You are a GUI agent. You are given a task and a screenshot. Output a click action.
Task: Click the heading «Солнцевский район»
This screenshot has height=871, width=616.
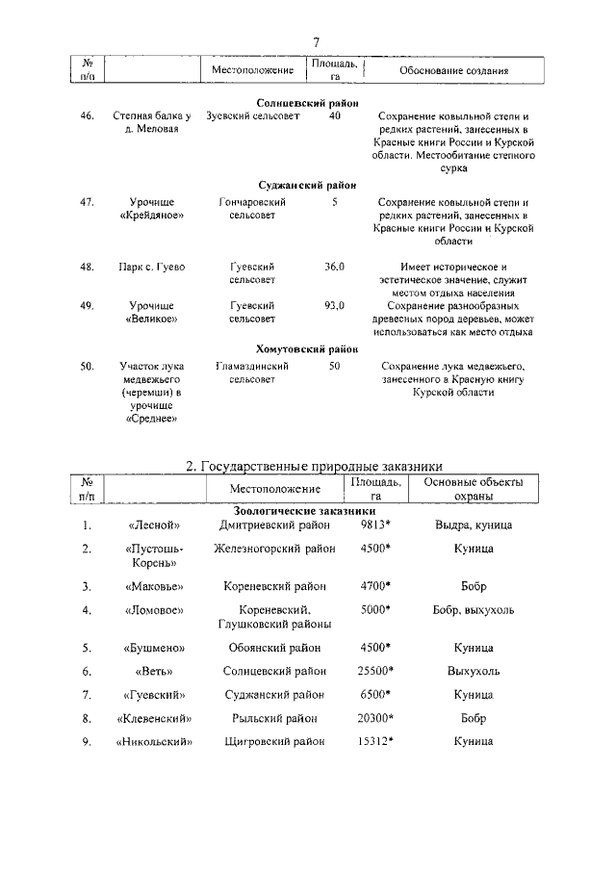click(x=307, y=102)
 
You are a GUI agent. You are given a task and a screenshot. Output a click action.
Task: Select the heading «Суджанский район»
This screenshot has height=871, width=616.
click(x=307, y=185)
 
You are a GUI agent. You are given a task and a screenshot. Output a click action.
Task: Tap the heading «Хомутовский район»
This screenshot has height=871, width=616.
click(x=307, y=349)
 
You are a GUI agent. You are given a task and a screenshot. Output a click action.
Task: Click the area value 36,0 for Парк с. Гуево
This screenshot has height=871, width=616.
click(x=334, y=267)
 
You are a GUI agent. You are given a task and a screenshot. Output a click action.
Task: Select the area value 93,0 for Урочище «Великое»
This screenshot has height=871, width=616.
click(x=334, y=305)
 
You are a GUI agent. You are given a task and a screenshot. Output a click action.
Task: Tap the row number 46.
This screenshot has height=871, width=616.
click(x=88, y=116)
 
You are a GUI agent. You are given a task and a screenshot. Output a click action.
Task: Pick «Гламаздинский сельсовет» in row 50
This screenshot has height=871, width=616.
click(x=252, y=373)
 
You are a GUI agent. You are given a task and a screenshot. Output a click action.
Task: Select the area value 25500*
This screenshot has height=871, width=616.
click(x=374, y=670)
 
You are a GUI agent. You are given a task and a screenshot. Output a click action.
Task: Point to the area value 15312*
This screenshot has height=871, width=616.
click(x=374, y=741)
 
